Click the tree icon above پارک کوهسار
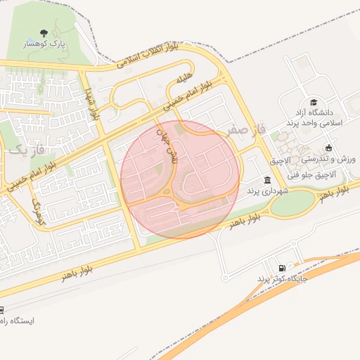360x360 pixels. point(45,32)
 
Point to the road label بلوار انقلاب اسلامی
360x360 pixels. point(149,56)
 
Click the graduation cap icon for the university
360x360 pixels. point(313,102)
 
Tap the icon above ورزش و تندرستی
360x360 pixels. point(328,148)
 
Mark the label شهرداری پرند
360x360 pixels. point(263,191)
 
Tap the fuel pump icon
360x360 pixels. point(282,268)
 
